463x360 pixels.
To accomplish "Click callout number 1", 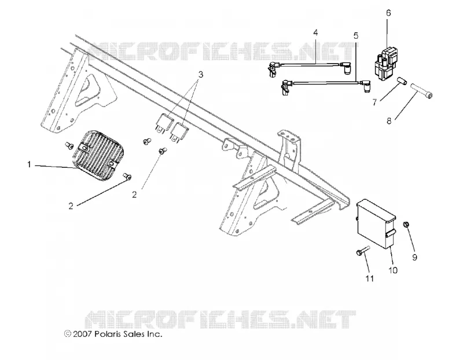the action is pyautogui.click(x=29, y=164).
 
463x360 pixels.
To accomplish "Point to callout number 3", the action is pyautogui.click(x=201, y=74).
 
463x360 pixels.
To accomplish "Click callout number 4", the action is pyautogui.click(x=315, y=32).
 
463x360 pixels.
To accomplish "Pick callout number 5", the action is pyautogui.click(x=356, y=36).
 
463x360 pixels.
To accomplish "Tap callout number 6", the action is pyautogui.click(x=388, y=13).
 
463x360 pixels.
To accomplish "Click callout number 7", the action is pyautogui.click(x=374, y=102).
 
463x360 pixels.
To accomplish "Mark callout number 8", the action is pyautogui.click(x=389, y=120).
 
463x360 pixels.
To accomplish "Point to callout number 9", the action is pyautogui.click(x=414, y=257).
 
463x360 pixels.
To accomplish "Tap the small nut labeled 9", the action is pyautogui.click(x=407, y=225).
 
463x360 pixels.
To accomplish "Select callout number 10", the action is pyautogui.click(x=393, y=270).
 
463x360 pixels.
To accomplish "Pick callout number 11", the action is pyautogui.click(x=370, y=278).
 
